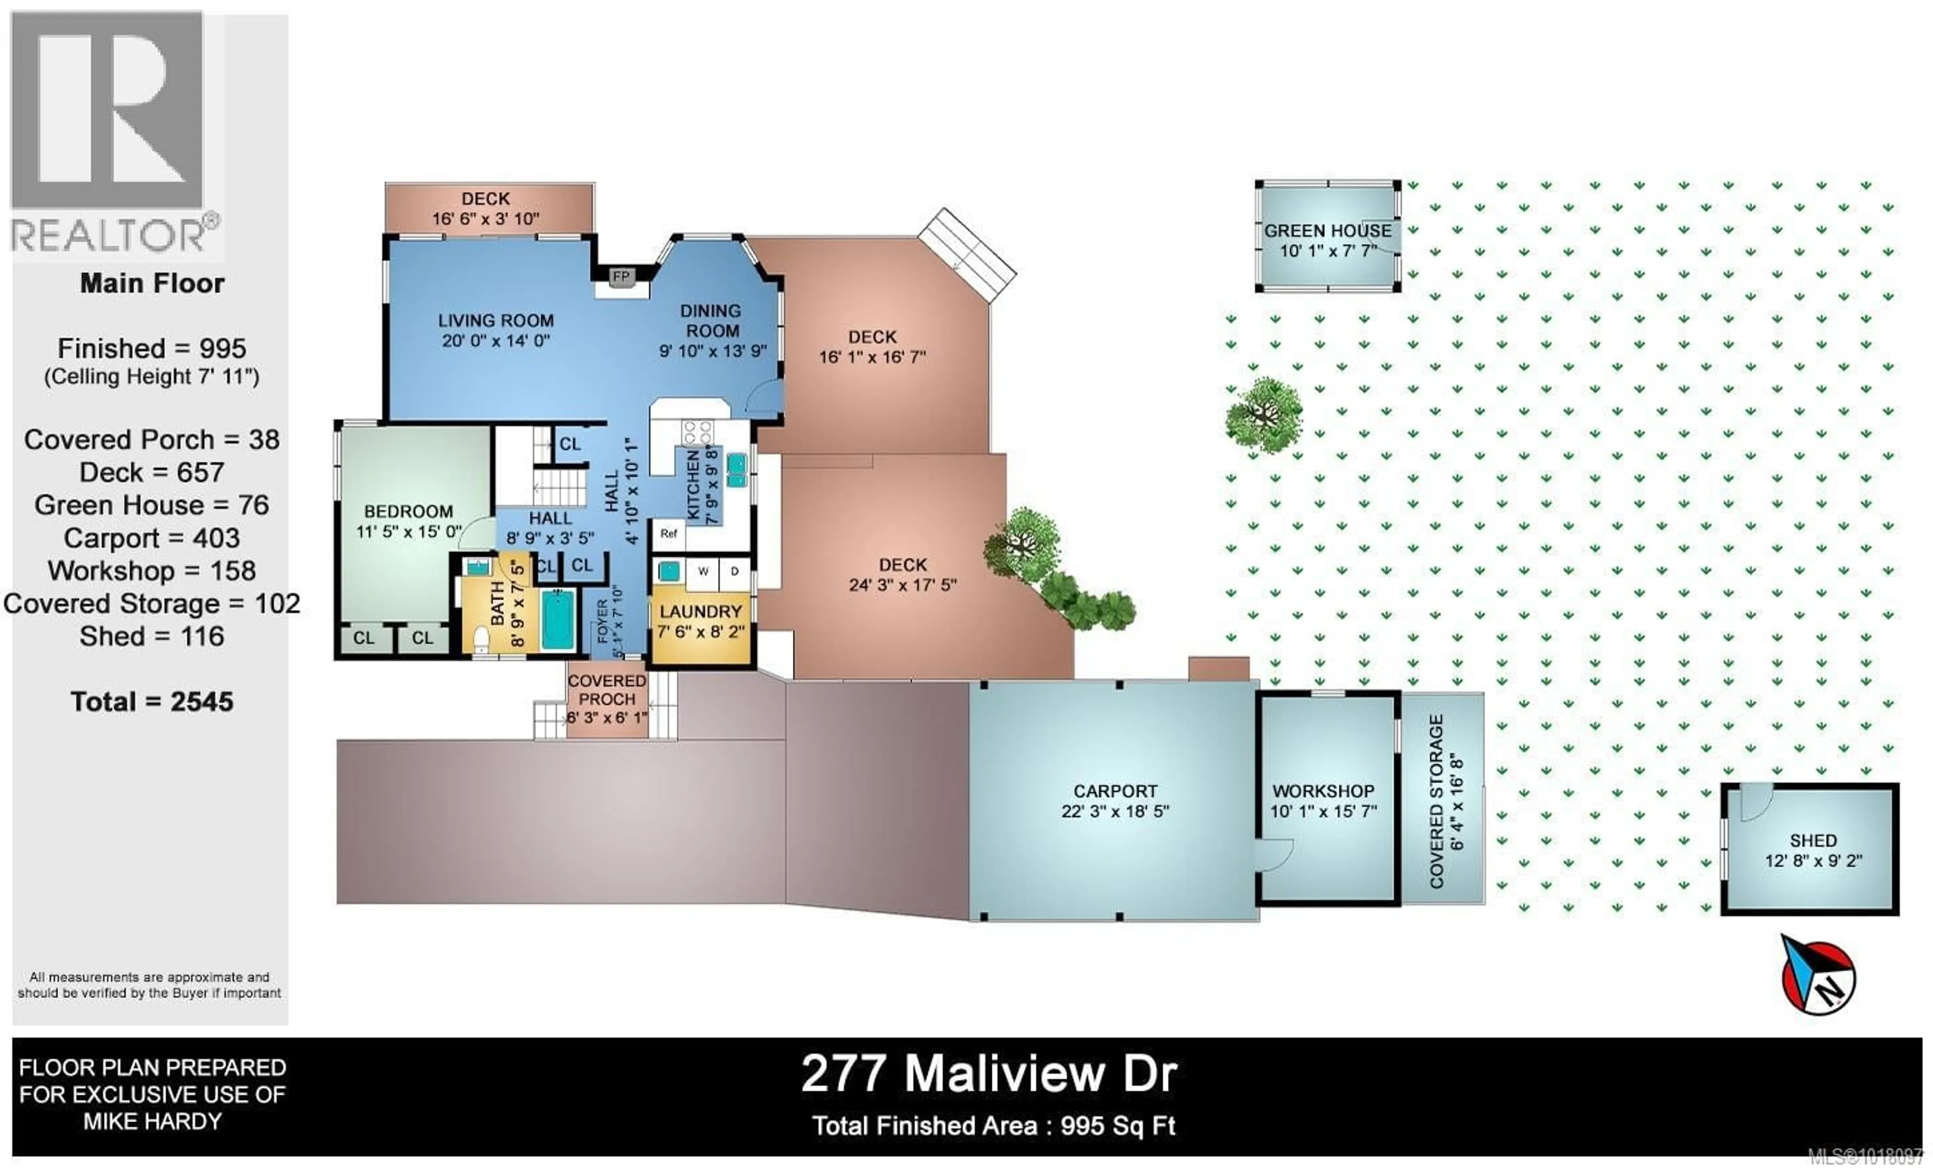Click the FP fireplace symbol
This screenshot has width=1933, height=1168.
621,276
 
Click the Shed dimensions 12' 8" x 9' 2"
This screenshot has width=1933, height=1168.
1813,860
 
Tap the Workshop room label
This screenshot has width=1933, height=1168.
1323,791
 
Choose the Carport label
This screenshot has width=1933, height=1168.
1115,791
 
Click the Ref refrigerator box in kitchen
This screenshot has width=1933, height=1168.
668,534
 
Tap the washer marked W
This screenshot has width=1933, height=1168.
703,572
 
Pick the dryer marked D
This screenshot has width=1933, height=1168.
734,572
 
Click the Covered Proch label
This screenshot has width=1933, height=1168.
607,690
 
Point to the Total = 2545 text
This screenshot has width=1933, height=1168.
152,701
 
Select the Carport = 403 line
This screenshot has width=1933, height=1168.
152,538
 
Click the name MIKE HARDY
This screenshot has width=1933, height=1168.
152,1122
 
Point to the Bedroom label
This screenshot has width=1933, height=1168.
408,512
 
